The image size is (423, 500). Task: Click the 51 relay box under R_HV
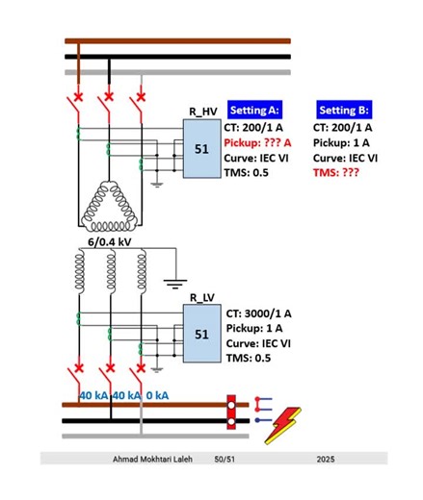click(x=201, y=149)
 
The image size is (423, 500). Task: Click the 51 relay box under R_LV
click(x=201, y=334)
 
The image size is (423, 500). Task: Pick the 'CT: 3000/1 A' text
click(x=260, y=313)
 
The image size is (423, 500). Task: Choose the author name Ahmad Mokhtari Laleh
click(x=152, y=461)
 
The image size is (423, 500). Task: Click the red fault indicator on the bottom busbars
click(x=231, y=412)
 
